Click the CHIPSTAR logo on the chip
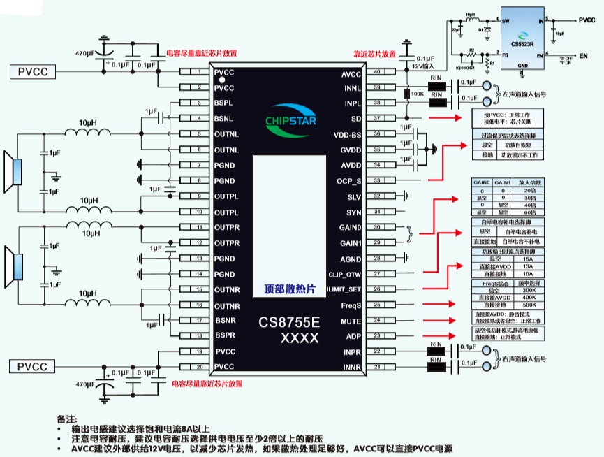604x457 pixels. pyautogui.click(x=289, y=119)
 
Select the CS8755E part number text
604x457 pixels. pyautogui.click(x=289, y=323)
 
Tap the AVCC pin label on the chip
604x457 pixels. pyautogui.click(x=351, y=73)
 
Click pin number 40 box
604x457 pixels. pyautogui.click(x=378, y=72)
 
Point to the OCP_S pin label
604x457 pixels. pyautogui.click(x=349, y=181)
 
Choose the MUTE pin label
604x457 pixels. pyautogui.click(x=351, y=321)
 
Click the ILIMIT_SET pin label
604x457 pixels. pyautogui.click(x=344, y=289)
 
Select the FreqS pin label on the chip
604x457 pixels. pyautogui.click(x=351, y=305)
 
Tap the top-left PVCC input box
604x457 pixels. pyautogui.click(x=32, y=71)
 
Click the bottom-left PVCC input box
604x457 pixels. pyautogui.click(x=32, y=367)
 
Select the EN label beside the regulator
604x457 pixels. pyautogui.click(x=583, y=55)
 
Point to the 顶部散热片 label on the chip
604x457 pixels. pyautogui.click(x=289, y=289)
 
